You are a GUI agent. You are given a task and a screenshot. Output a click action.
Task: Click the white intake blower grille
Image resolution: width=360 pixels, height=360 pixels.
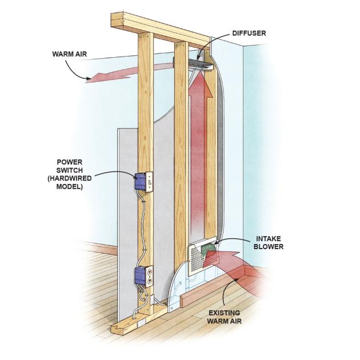click(x=197, y=257)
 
